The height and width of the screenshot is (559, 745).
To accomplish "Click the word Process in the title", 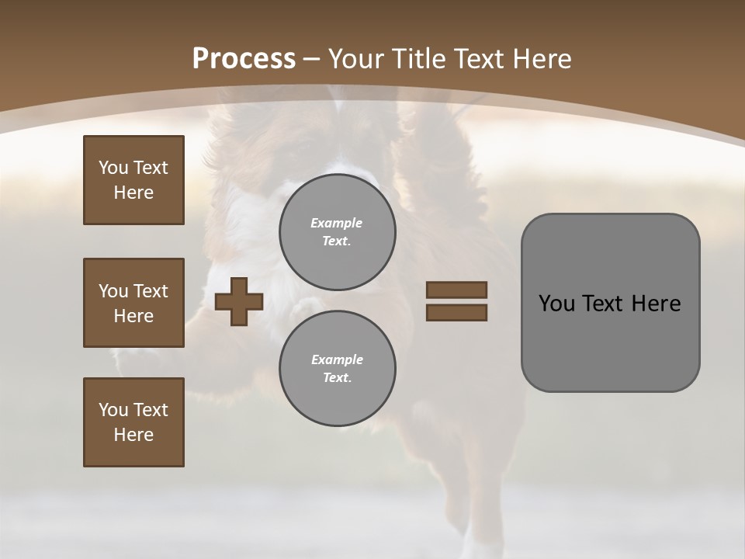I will point(244,58).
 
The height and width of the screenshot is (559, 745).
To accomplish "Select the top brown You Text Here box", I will point(133,180).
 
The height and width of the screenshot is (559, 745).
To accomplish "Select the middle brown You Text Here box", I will point(133,303).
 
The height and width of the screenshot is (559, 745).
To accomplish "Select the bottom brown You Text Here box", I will point(133,422).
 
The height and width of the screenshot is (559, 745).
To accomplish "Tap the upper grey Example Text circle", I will point(337,231).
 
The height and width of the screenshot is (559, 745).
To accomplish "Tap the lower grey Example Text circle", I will point(337,368).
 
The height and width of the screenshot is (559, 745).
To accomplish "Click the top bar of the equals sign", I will point(456,290).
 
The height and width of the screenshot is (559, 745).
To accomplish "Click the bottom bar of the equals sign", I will point(456,312).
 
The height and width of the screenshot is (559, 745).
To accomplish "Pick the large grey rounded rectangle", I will point(610,342).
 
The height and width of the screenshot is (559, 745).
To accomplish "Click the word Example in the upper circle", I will point(336,223).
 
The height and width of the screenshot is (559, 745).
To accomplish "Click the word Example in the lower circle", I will point(337,359).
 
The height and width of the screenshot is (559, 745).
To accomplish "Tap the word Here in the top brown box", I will point(133,193).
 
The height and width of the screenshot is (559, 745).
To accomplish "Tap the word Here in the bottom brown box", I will point(133,435).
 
